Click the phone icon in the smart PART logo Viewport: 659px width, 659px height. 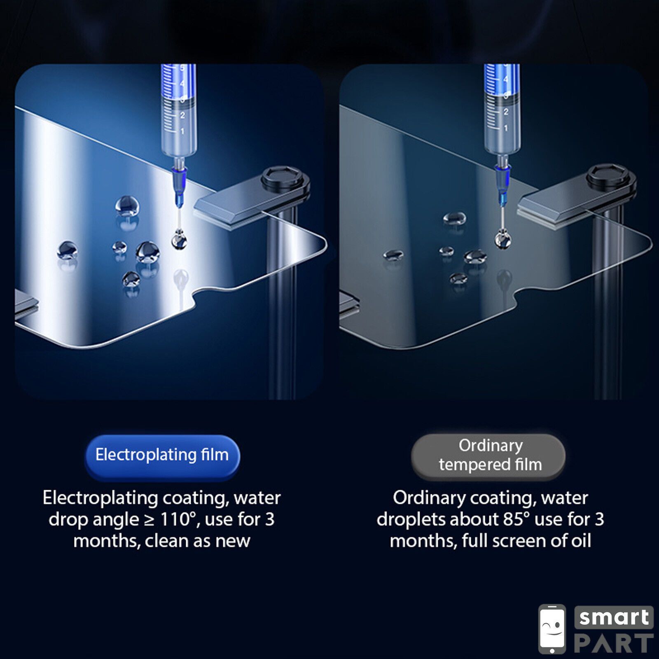click(552, 629)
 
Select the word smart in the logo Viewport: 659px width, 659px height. click(614, 617)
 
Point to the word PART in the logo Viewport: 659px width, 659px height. click(614, 643)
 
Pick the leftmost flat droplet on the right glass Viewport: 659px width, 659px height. click(393, 255)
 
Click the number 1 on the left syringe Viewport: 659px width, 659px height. click(182, 131)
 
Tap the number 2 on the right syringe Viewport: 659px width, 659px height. click(506, 112)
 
